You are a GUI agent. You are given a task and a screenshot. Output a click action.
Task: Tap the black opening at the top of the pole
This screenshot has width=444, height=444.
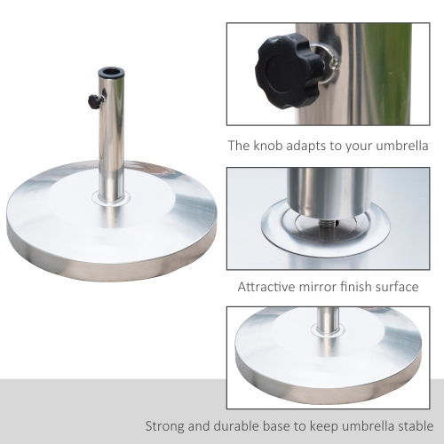(x=111, y=71)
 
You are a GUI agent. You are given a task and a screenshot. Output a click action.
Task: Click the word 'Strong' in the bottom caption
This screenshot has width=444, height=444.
(x=168, y=424)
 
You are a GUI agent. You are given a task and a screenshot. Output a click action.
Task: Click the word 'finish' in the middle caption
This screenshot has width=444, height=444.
(x=364, y=287)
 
